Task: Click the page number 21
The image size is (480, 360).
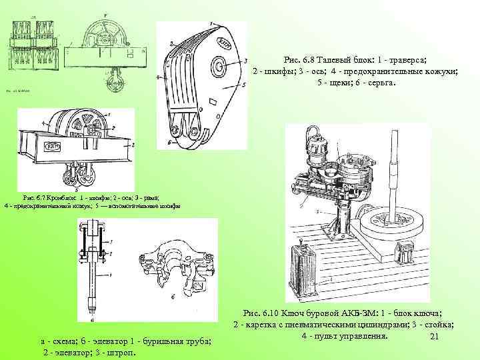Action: [434, 341]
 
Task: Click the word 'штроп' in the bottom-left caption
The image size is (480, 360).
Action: [115, 352]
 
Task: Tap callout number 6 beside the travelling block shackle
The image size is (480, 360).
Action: [170, 141]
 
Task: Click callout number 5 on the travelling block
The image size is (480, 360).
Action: [245, 87]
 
